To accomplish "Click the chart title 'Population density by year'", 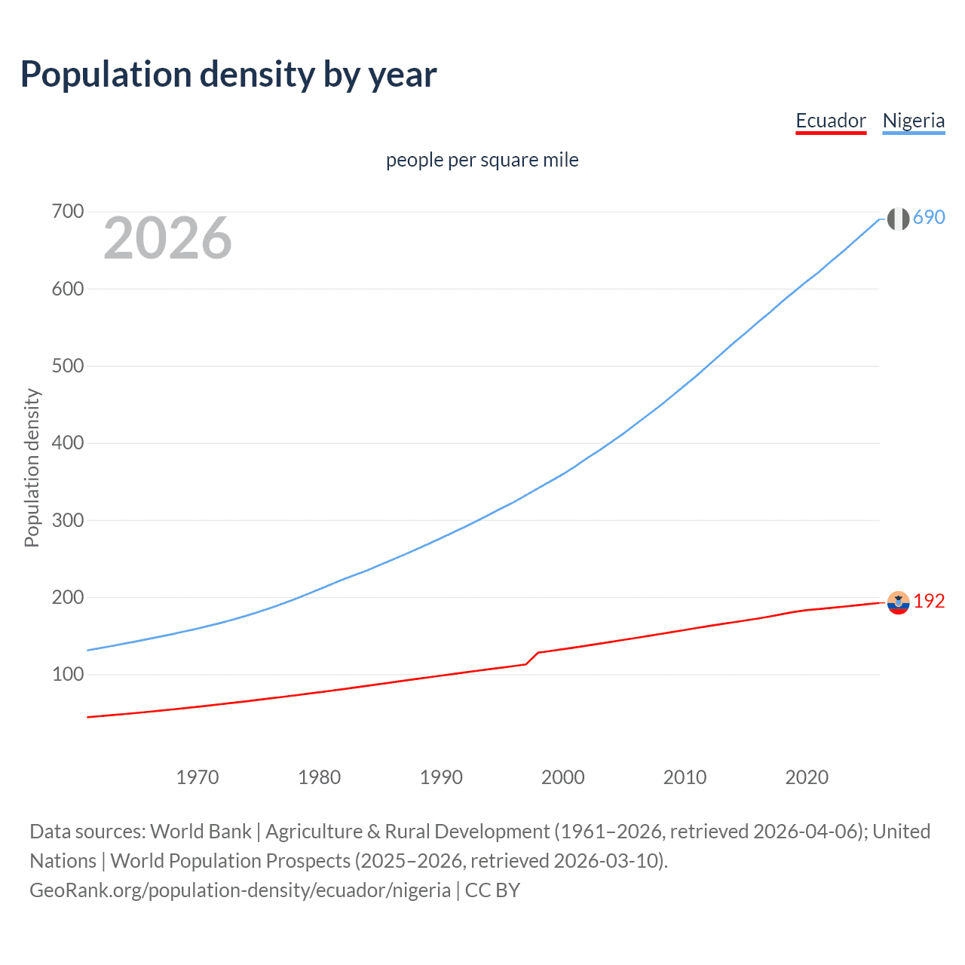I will [x=228, y=75].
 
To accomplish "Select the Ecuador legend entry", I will [x=831, y=121].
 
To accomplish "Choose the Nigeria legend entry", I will [x=913, y=121].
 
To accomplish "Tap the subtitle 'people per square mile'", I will [x=482, y=160].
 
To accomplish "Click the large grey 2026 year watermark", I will [x=167, y=238].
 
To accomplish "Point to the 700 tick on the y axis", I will [x=68, y=212].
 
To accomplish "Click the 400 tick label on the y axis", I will [x=68, y=443].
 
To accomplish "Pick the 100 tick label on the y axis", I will [x=68, y=675].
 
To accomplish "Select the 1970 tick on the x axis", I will [x=198, y=777].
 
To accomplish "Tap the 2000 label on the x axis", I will [x=562, y=777].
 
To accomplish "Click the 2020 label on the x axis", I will [x=807, y=777].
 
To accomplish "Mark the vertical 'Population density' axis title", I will [x=32, y=467].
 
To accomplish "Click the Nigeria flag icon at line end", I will [x=898, y=219].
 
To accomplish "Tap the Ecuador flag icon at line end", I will [x=898, y=602].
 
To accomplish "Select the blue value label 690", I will [x=929, y=217].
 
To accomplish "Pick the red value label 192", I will [x=929, y=601].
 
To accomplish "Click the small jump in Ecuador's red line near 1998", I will [x=532, y=657].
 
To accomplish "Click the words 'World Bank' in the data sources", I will [x=201, y=832].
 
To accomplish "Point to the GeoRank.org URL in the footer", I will [x=240, y=890].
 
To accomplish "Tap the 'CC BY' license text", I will [x=492, y=890].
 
